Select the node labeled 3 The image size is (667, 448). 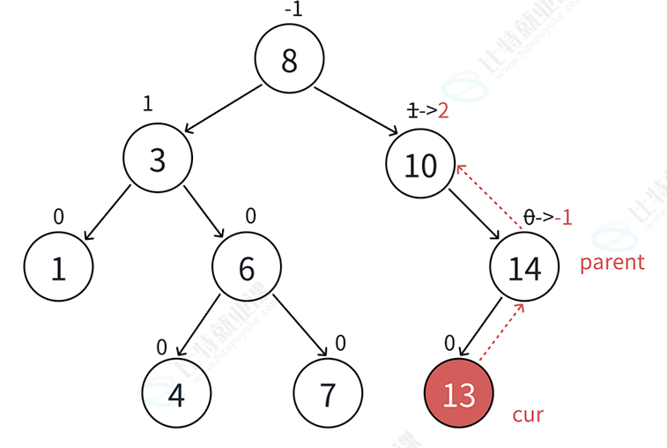click(158, 160)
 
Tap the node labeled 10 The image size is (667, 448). click(421, 165)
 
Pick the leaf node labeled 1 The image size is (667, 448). click(58, 268)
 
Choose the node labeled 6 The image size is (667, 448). click(247, 268)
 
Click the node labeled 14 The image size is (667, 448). click(525, 268)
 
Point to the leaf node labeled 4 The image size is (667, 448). click(176, 394)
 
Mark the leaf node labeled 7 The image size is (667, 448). click(327, 394)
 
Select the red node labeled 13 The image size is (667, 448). click(459, 394)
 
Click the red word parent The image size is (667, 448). click(612, 262)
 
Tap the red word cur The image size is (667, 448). click(528, 414)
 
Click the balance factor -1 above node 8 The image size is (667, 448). click(293, 10)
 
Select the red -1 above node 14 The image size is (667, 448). click(561, 216)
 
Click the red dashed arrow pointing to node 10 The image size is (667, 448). click(490, 196)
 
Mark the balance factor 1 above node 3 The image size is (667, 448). click(148, 103)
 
